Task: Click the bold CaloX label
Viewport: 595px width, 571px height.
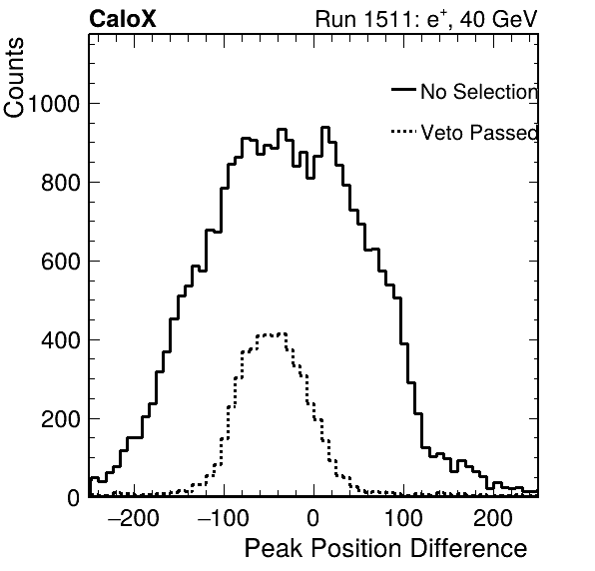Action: [123, 19]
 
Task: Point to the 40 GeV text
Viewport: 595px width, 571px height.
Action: [499, 19]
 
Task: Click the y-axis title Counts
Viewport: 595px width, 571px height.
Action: [14, 78]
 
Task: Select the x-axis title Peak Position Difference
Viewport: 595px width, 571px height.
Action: [385, 549]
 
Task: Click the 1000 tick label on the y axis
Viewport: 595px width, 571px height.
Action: [54, 103]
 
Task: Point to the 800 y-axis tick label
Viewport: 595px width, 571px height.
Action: [61, 183]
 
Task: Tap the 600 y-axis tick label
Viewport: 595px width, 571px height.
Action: [61, 262]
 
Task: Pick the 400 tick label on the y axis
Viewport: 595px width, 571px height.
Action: [61, 340]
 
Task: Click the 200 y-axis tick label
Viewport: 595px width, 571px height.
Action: [61, 419]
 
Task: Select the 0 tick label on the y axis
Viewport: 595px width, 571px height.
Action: [74, 498]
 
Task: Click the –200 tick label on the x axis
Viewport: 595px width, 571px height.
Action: [133, 518]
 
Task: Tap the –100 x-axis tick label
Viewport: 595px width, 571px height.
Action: [224, 518]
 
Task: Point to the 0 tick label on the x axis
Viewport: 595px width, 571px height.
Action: [313, 518]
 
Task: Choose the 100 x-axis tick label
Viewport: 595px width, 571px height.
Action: [403, 518]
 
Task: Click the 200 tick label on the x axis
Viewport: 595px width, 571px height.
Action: [493, 518]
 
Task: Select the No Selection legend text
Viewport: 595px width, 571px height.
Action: [479, 92]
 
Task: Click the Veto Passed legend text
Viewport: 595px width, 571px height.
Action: [479, 133]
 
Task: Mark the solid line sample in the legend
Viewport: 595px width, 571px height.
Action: [403, 89]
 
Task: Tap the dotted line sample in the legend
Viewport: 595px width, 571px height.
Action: [403, 132]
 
